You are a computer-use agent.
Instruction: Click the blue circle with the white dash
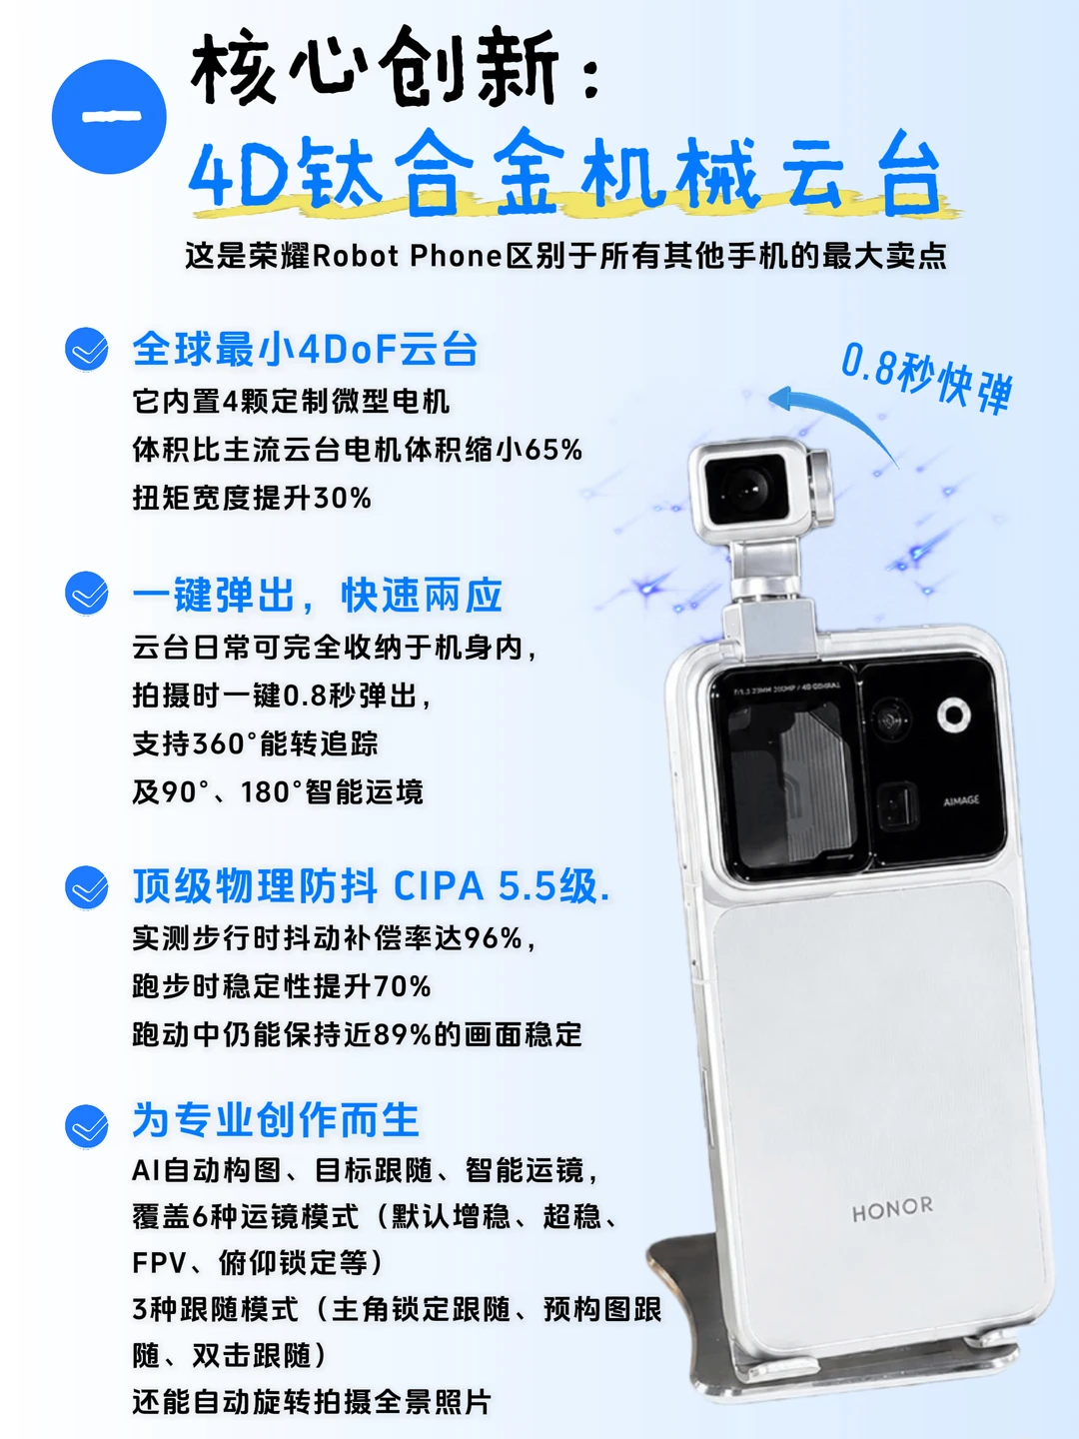109,117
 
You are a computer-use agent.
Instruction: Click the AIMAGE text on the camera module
961,800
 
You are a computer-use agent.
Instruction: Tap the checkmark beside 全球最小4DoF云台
87,349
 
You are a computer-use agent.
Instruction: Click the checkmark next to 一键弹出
87,594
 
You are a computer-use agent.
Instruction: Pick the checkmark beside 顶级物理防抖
87,887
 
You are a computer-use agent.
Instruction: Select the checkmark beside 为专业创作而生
87,1126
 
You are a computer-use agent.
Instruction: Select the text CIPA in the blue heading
439,887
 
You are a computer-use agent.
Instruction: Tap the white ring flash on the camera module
954,715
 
